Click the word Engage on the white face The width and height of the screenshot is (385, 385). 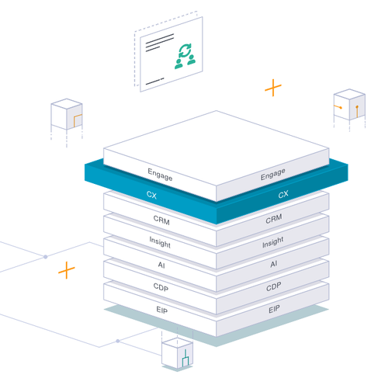click(x=160, y=175)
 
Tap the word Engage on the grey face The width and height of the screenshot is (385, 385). click(x=273, y=174)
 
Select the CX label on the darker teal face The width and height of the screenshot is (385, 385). click(x=283, y=195)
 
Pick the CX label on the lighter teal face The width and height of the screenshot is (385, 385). click(x=151, y=195)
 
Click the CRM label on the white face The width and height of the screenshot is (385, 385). click(x=161, y=220)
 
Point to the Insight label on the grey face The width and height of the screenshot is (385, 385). click(x=273, y=242)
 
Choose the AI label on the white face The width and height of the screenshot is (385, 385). click(x=161, y=265)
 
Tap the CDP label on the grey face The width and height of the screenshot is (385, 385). click(x=274, y=286)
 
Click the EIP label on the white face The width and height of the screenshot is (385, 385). click(x=162, y=310)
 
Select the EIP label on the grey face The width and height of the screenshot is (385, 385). click(x=274, y=309)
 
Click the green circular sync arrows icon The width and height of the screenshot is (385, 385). click(x=185, y=50)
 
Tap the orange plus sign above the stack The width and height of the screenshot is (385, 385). click(x=273, y=88)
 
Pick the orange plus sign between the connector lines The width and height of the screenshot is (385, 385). click(x=67, y=270)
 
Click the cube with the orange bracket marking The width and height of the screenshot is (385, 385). click(x=67, y=114)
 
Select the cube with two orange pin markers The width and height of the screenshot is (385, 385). click(x=349, y=105)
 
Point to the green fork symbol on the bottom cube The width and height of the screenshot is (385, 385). click(x=186, y=359)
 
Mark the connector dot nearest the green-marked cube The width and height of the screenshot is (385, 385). click(x=118, y=341)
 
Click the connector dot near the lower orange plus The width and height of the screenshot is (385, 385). click(x=46, y=257)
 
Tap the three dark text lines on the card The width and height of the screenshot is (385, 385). click(x=160, y=43)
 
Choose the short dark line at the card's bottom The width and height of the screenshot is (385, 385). click(x=155, y=81)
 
